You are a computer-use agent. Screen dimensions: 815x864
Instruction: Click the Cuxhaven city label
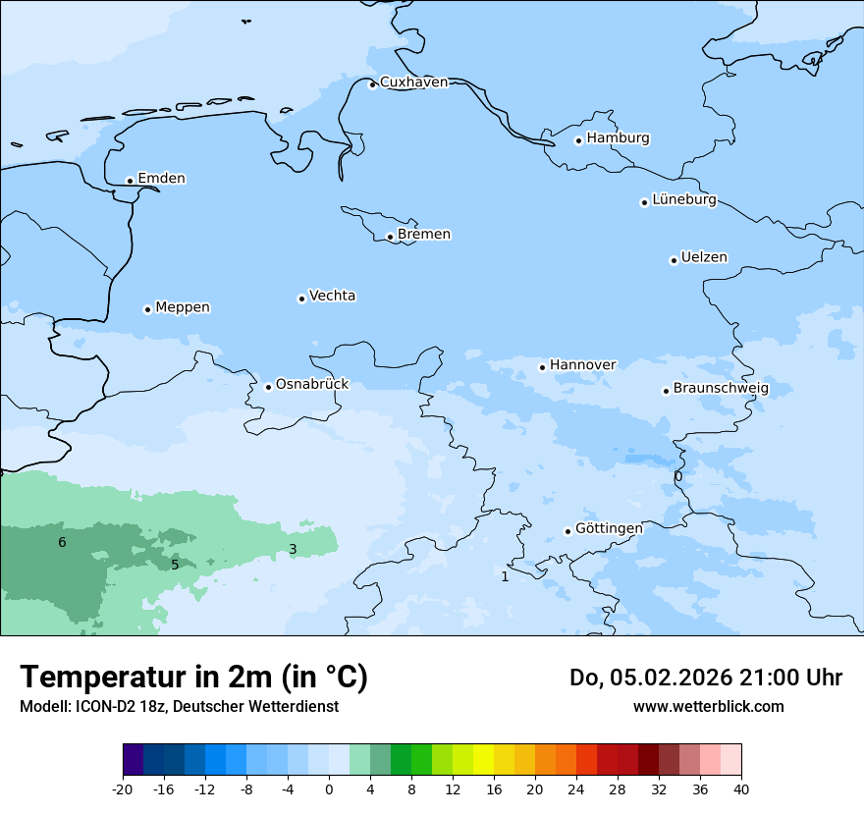click(x=413, y=82)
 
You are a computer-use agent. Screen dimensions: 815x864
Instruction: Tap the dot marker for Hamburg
click(x=579, y=140)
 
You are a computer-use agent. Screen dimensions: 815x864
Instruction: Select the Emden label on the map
click(x=161, y=179)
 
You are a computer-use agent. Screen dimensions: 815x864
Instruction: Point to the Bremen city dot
click(x=390, y=237)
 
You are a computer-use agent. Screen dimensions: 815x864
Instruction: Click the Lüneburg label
click(x=683, y=200)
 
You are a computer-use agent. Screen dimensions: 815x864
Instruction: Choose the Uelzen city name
click(x=704, y=258)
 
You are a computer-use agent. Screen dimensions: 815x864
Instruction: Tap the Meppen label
click(x=183, y=307)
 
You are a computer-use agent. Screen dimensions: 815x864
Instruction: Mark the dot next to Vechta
click(x=301, y=299)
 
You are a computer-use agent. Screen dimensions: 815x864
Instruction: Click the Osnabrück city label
click(x=312, y=385)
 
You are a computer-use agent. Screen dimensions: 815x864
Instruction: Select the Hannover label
click(x=582, y=365)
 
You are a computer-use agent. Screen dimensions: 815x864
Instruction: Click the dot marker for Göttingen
click(x=567, y=531)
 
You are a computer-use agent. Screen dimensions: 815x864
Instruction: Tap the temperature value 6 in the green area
click(x=62, y=543)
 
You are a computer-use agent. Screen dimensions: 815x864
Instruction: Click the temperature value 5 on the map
click(x=175, y=565)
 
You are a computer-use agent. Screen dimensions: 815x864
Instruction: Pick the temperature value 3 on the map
click(x=293, y=550)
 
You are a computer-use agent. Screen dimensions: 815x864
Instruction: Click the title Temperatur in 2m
click(x=193, y=678)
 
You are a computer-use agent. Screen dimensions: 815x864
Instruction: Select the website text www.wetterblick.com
click(x=708, y=707)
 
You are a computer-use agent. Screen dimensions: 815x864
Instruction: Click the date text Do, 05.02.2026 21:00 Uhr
click(x=705, y=678)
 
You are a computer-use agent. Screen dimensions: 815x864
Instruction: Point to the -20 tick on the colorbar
click(x=123, y=788)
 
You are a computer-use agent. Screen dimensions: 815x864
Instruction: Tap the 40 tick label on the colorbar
click(x=741, y=788)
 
